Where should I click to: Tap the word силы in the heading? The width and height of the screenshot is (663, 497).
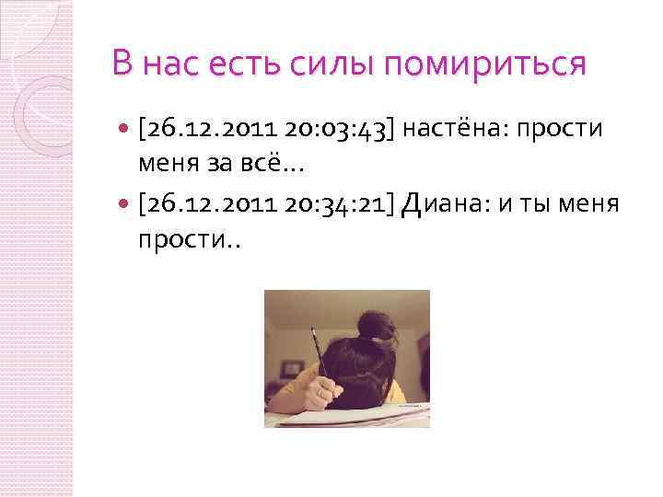[x=320, y=64]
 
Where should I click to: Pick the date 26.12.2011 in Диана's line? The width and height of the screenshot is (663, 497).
[x=206, y=203]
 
